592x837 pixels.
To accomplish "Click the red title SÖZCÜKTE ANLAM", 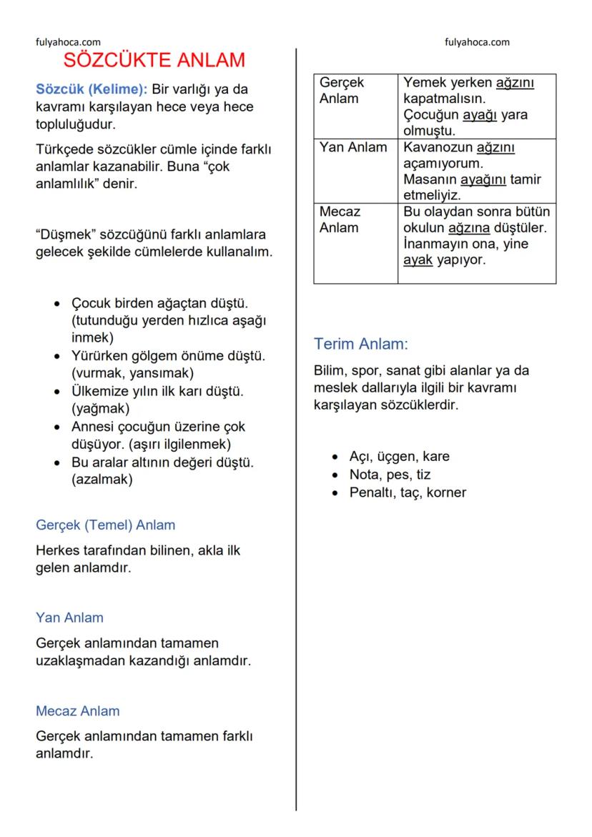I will click(x=154, y=61).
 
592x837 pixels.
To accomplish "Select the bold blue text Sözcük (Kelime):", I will click(x=92, y=91).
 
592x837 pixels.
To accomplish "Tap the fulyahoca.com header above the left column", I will click(x=68, y=42).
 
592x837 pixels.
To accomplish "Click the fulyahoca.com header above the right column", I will click(x=477, y=42).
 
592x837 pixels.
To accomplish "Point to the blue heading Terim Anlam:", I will click(x=360, y=345).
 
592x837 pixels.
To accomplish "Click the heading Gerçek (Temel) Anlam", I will click(x=105, y=525).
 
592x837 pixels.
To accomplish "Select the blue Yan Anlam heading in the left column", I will click(x=69, y=618).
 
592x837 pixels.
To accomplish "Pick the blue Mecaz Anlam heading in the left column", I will click(x=78, y=711).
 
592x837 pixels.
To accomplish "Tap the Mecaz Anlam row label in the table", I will click(x=340, y=219).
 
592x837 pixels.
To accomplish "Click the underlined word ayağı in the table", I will click(x=480, y=115).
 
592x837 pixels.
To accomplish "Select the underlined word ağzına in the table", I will click(x=470, y=228).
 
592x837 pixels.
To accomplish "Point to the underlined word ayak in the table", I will click(x=418, y=260).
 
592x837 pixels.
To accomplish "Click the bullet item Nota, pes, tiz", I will click(x=390, y=475).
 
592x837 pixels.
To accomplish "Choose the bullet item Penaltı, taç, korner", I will click(x=408, y=492).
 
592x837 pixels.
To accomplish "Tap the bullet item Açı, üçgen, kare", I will click(x=399, y=457).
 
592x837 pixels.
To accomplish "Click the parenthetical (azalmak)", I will click(x=102, y=480).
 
